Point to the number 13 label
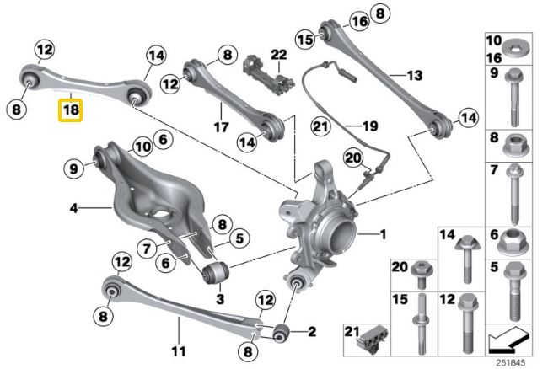413,76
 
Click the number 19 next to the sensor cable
369,127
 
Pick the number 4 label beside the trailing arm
73,207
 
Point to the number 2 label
311,330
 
